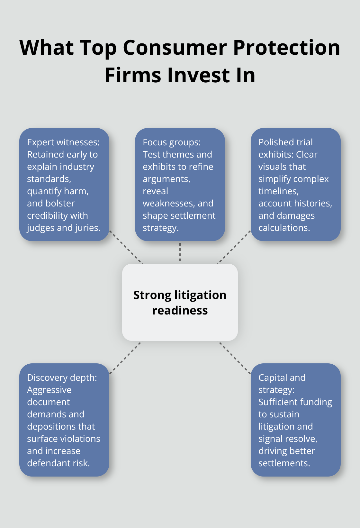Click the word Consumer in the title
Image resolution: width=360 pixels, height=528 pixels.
point(175,48)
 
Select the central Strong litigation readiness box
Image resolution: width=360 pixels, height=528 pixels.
point(180,302)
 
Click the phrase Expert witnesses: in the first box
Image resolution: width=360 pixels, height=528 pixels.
point(63,142)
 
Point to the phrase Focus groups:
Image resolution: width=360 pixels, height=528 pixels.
point(172,142)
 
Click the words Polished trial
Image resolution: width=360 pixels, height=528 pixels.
point(285,142)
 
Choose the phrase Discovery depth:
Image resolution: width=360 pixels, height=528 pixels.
point(62,378)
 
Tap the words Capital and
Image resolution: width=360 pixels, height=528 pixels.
point(282,378)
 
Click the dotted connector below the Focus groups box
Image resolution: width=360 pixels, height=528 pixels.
point(180,252)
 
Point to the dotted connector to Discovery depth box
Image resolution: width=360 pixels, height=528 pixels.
point(126,357)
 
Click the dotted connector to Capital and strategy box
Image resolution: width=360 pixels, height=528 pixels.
point(234,357)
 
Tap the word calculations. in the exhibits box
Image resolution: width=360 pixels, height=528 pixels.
point(284,228)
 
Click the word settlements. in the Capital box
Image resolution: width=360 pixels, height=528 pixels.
point(284,463)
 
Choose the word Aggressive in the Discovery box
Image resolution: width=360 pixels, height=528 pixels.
point(49,390)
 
